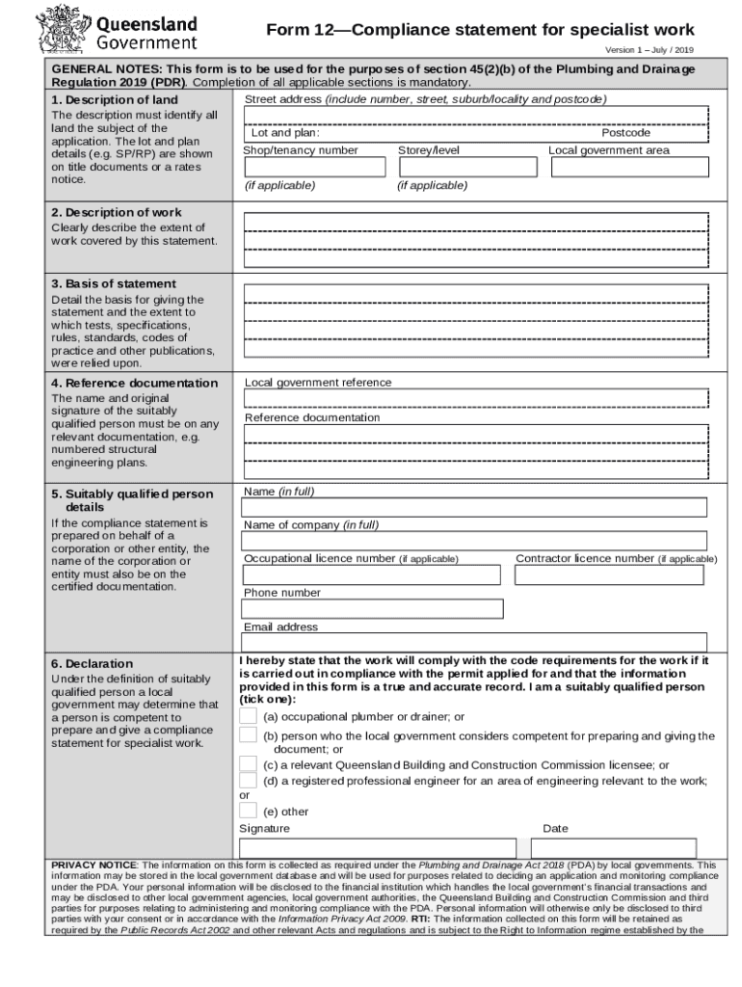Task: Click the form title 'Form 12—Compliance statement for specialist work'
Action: point(480,30)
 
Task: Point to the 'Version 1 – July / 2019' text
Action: point(649,50)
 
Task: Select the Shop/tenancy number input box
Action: point(312,167)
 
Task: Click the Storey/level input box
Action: point(466,167)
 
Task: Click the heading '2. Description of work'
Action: point(116,212)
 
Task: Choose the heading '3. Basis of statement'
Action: point(114,283)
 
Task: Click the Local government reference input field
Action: point(475,399)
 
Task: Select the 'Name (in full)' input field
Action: point(475,508)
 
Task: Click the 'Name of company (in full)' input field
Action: point(475,541)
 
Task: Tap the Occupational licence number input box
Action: point(371,575)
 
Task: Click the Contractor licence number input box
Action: point(610,575)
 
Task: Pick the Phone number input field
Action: point(372,609)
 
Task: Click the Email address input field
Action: point(475,642)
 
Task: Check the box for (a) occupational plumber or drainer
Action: point(249,717)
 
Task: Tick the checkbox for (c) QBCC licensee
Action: point(249,764)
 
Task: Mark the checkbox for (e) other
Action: point(249,811)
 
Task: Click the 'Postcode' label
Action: point(625,133)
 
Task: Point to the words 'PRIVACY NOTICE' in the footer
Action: point(93,866)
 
